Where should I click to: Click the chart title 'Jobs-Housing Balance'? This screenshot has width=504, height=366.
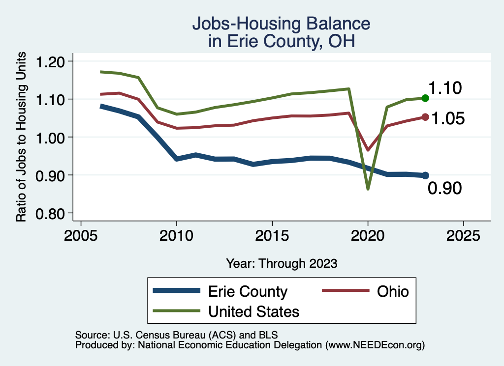281,24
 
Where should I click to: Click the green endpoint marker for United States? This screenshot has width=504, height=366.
425,98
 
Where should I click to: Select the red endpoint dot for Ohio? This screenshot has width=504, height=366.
425,117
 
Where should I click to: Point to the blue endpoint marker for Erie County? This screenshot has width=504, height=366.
425,175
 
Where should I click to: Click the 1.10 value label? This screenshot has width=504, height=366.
444,88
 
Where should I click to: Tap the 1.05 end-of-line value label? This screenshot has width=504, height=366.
448,118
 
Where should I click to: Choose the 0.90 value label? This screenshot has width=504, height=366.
444,188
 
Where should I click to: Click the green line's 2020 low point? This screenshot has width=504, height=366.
368,189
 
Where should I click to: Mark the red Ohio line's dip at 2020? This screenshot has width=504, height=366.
368,150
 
